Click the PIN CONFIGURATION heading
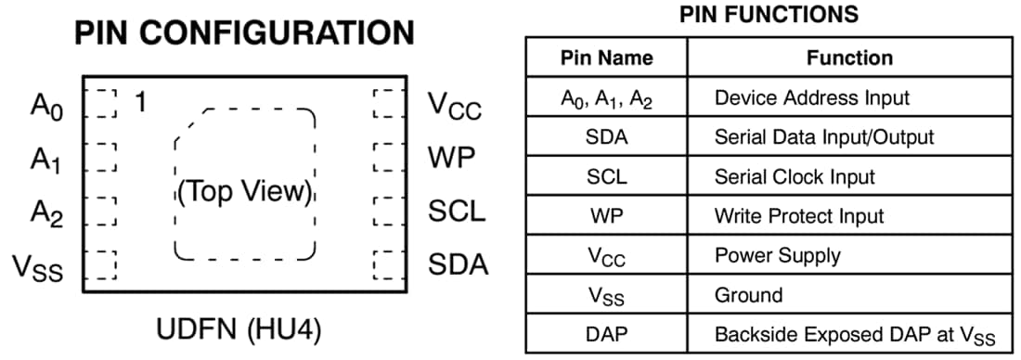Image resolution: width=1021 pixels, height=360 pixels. pos(245,33)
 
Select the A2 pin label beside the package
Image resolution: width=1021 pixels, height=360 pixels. pos(46,214)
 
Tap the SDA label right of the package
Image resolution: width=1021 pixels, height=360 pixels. pos(458,265)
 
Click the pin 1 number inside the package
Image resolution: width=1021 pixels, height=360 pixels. pos(140,101)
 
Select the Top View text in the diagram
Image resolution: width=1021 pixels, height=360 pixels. pos(244,192)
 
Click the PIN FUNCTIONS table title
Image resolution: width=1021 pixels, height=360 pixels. pos(769,15)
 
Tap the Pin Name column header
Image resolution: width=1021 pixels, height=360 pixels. pos(606,58)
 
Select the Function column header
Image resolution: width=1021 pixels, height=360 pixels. pos(849,58)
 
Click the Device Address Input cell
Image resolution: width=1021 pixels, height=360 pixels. pos(811,97)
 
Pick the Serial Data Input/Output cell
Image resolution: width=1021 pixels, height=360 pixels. pos(823,137)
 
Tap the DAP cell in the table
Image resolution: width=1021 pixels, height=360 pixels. pos(606,334)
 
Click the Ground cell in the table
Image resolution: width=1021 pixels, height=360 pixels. pos(748,295)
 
